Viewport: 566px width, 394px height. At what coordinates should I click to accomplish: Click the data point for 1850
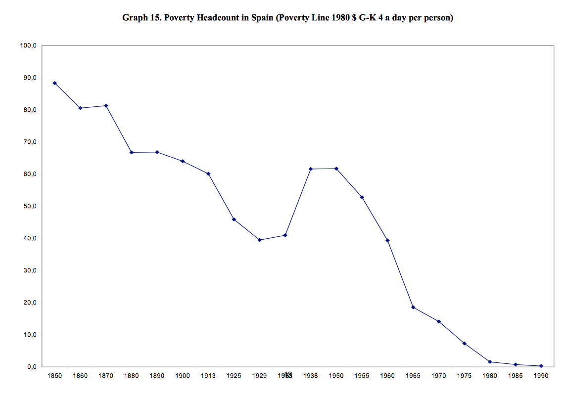(x=54, y=83)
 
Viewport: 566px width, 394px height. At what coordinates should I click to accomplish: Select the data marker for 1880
(x=132, y=152)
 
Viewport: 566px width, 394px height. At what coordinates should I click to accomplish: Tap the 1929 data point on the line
(x=260, y=240)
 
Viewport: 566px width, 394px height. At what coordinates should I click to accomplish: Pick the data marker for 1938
(x=311, y=169)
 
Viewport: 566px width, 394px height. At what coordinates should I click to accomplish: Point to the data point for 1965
(x=413, y=307)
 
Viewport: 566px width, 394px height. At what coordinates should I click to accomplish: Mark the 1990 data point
(x=541, y=366)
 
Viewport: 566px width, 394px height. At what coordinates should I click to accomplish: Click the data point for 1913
(x=208, y=174)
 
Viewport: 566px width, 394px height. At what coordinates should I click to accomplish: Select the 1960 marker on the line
(x=387, y=240)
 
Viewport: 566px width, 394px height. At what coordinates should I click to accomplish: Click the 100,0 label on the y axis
(x=28, y=45)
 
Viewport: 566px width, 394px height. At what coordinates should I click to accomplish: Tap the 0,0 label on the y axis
(x=31, y=367)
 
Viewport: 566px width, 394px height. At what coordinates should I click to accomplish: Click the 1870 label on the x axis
(x=106, y=376)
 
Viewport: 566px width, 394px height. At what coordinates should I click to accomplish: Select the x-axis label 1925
(x=234, y=376)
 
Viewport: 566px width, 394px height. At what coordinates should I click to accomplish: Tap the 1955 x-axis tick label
(x=362, y=376)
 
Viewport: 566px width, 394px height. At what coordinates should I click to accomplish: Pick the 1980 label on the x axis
(x=490, y=376)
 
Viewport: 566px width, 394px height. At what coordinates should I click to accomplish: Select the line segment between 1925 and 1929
(x=247, y=230)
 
